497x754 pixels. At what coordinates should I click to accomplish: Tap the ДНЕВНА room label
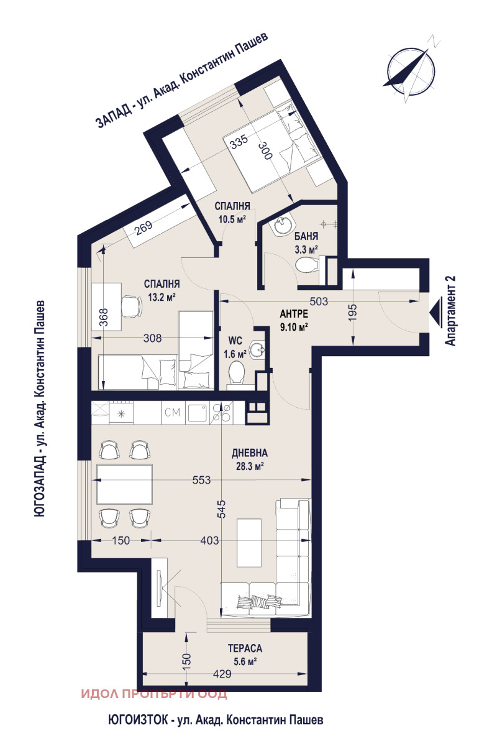click(250, 453)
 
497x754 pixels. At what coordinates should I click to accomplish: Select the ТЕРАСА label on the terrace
click(245, 648)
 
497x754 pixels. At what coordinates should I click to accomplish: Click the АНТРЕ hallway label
click(294, 314)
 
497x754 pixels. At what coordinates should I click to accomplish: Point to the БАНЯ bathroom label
click(306, 236)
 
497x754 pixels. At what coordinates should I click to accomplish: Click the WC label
click(235, 341)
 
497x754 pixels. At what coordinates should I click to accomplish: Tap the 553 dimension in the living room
click(201, 480)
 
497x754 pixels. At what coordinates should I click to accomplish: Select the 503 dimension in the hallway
click(318, 301)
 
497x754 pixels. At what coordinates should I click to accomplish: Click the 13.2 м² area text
click(162, 297)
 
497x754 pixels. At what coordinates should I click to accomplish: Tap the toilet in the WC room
click(236, 372)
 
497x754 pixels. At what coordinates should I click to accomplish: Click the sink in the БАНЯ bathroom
click(283, 224)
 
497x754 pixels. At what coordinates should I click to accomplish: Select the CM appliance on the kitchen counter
click(173, 412)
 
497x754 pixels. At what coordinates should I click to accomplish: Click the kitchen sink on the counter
click(197, 412)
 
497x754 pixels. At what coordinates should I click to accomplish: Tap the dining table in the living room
click(124, 484)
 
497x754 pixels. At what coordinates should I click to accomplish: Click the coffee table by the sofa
click(249, 542)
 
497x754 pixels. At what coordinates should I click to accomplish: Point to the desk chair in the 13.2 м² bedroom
click(130, 306)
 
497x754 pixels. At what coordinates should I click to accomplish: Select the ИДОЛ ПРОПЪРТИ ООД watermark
click(155, 694)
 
